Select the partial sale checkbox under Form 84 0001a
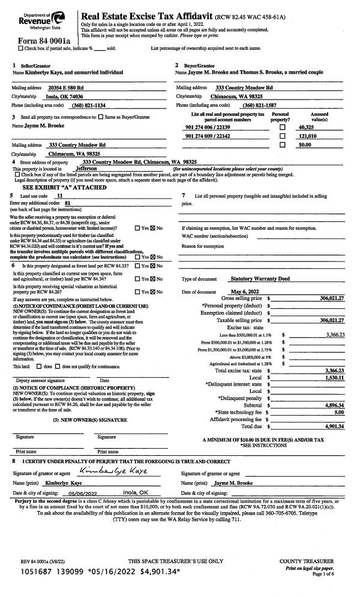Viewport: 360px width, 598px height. pos(22,48)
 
